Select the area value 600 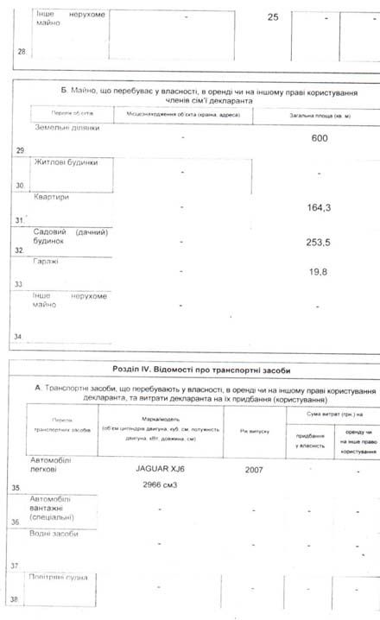point(319,138)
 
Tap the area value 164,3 point(320,208)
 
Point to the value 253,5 point(320,244)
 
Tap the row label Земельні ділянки point(66,129)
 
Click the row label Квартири point(52,197)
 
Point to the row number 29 point(19,151)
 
